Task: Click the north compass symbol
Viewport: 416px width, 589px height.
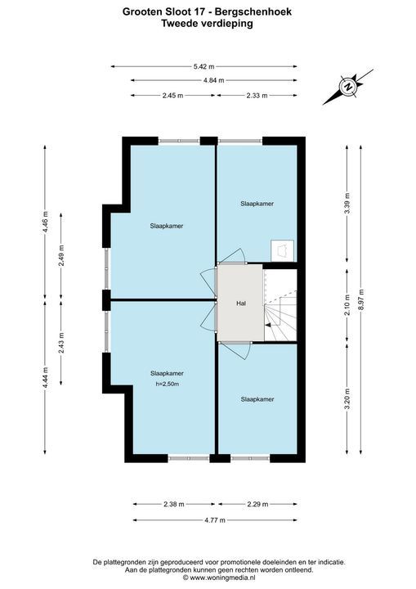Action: (348, 87)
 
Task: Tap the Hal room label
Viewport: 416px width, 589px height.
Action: (241, 303)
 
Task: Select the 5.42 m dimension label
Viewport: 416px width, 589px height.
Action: (204, 67)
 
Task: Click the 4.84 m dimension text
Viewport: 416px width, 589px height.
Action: (213, 80)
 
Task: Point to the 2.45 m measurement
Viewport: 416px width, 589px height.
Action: (172, 96)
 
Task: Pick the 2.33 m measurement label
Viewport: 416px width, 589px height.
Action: (257, 96)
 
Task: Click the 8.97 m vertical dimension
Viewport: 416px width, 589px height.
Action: (360, 299)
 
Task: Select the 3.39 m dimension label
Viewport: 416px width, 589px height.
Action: (347, 203)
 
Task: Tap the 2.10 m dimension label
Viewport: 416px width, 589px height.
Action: (347, 306)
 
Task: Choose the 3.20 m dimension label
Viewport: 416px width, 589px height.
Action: (347, 399)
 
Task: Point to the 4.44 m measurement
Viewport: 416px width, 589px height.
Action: (45, 379)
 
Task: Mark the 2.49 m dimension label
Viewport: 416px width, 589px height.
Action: (61, 255)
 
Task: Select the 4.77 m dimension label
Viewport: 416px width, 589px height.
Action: (215, 520)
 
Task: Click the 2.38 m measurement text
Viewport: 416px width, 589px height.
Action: (174, 504)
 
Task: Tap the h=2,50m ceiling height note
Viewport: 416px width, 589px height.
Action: (167, 384)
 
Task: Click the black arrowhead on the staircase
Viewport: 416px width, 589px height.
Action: (268, 325)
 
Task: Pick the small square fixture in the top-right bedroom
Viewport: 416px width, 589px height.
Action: (282, 250)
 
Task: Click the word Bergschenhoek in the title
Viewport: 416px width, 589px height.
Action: (253, 12)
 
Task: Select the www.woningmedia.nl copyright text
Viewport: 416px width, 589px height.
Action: (219, 578)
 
